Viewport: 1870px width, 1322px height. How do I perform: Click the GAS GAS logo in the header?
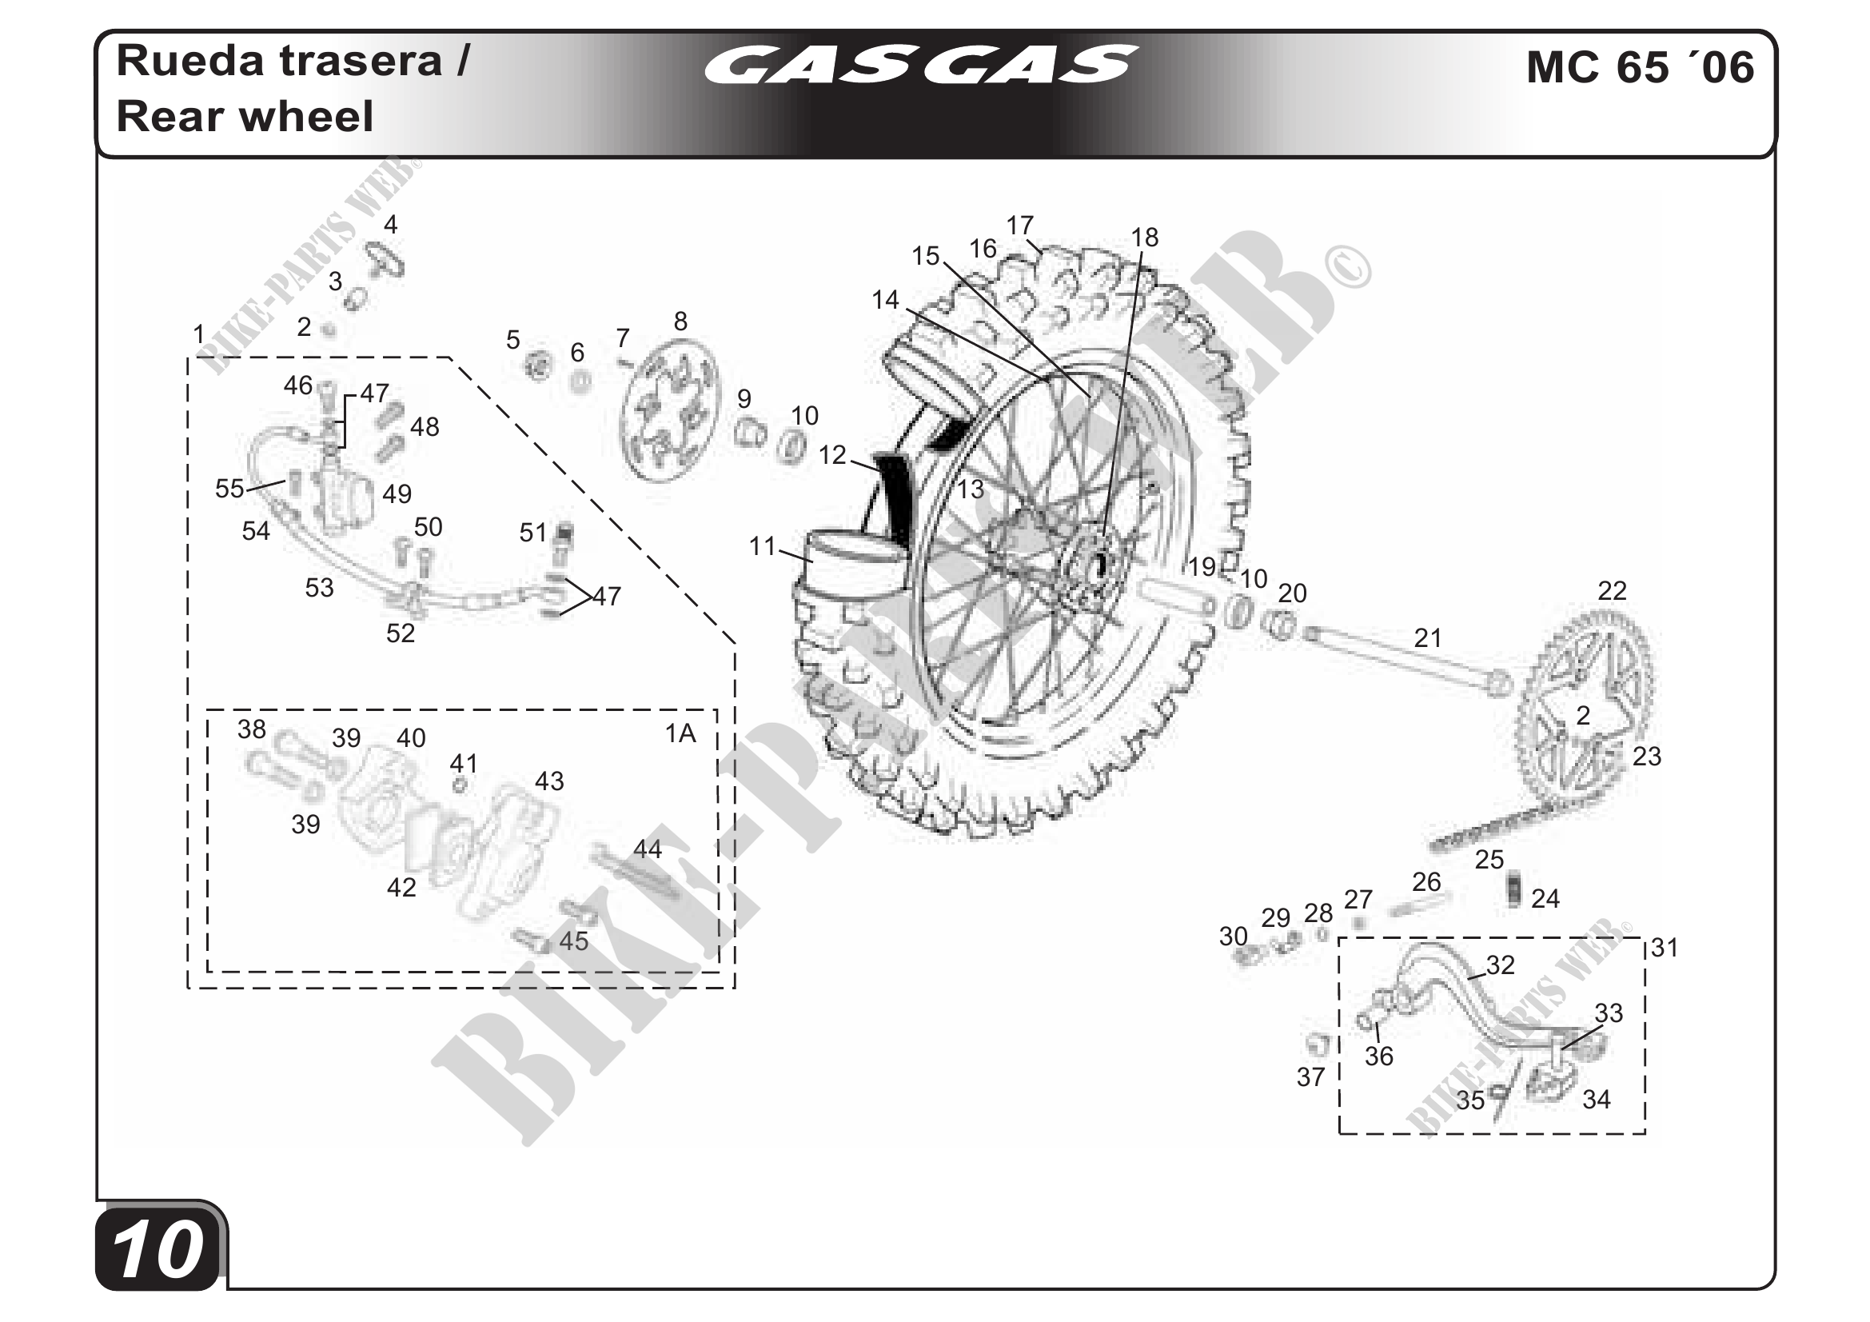[920, 65]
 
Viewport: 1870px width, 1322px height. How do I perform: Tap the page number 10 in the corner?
[158, 1250]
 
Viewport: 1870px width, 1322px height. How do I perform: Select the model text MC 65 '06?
[1640, 67]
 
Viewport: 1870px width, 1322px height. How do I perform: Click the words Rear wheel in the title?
[245, 117]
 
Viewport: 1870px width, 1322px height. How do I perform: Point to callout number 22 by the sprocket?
[1612, 590]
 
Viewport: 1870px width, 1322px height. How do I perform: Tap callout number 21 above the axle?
[1428, 637]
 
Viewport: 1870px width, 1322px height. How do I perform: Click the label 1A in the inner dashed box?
[680, 734]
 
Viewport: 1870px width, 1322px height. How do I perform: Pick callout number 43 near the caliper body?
[549, 781]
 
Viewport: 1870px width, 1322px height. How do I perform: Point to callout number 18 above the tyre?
[1144, 237]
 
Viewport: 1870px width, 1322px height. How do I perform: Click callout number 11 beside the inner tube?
[763, 545]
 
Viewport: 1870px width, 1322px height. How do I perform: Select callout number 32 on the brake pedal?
[1500, 965]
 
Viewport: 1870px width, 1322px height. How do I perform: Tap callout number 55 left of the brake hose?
[229, 488]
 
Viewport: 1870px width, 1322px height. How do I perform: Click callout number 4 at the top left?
[391, 225]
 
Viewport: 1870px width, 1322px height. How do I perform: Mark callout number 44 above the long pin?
[648, 849]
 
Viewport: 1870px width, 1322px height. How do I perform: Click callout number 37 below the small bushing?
[1310, 1076]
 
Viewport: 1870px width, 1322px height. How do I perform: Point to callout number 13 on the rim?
[970, 489]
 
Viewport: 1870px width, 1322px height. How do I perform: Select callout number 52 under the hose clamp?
[400, 633]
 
